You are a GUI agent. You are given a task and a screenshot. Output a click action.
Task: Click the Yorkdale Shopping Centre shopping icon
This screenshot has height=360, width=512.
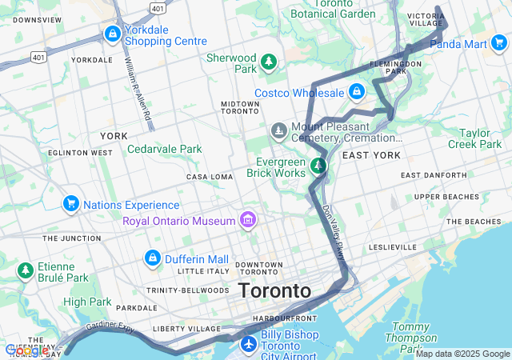click(x=113, y=34)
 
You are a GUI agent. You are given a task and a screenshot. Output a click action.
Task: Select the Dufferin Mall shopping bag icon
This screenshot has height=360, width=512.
click(x=152, y=258)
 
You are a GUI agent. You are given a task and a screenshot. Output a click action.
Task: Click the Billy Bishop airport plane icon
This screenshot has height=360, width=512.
click(x=249, y=344)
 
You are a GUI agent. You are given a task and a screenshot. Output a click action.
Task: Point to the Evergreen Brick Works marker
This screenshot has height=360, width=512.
click(x=318, y=166)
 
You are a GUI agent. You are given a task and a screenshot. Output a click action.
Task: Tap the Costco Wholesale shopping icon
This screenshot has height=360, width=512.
click(x=357, y=94)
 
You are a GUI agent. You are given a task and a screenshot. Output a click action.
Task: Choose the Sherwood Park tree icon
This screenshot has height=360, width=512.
click(x=270, y=62)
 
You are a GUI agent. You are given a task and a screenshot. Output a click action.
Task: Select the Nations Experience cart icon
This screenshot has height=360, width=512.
click(x=70, y=205)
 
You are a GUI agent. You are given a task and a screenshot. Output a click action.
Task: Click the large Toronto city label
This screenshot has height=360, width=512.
click(x=274, y=291)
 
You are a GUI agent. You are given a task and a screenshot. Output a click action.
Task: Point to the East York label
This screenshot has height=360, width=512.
click(x=371, y=154)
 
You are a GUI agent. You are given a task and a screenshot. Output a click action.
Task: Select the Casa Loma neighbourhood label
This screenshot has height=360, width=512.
click(x=208, y=177)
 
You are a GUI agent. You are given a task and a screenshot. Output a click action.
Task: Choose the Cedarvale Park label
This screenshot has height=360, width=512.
click(x=164, y=149)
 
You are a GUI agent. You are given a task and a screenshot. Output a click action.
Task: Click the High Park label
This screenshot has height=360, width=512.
click(x=87, y=302)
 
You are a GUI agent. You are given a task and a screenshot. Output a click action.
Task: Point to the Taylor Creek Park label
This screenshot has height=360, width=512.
click(x=478, y=138)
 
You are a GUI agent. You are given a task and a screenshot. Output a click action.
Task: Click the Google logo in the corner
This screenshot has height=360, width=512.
click(x=26, y=350)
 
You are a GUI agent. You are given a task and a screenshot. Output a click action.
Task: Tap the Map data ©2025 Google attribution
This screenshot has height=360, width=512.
click(x=462, y=354)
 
